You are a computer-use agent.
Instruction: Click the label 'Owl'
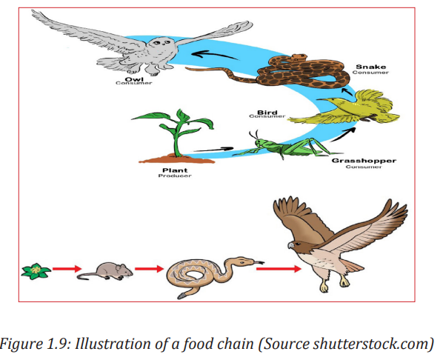coord(134,79)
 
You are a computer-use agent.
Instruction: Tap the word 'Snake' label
coord(370,67)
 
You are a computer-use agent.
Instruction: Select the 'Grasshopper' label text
coord(364,161)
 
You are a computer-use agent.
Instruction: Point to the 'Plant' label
coord(175,170)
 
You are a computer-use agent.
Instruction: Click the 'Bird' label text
coord(267,113)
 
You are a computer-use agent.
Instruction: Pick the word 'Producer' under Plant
coord(175,176)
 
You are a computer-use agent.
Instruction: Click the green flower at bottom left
coord(36,271)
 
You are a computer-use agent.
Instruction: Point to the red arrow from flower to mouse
coord(67,269)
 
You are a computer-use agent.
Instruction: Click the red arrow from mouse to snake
coord(149,269)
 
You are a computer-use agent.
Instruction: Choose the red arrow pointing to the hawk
coord(279,269)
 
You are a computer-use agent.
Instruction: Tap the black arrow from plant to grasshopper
coord(213,150)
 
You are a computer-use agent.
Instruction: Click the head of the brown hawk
coord(296,245)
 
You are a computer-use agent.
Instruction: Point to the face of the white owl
coord(162,44)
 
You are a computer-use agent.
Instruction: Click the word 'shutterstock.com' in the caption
coord(372,344)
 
